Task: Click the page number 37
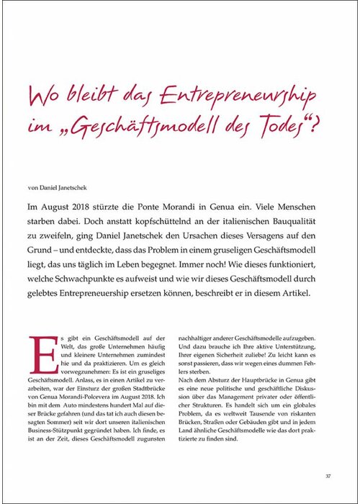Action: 327,474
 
